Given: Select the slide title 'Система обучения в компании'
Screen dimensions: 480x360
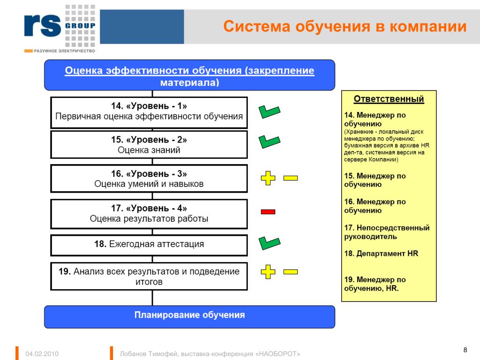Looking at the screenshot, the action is [x=345, y=26].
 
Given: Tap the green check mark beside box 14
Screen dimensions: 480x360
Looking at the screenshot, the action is [x=269, y=112].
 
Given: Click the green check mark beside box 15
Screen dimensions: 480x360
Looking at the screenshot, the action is [x=269, y=142].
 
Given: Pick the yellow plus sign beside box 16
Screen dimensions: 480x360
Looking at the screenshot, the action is [x=268, y=178].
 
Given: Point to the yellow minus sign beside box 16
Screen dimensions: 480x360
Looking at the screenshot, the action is [x=291, y=178].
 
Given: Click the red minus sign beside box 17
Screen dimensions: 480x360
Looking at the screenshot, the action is [x=268, y=211].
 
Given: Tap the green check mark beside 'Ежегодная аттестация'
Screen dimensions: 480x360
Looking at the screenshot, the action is [x=269, y=243].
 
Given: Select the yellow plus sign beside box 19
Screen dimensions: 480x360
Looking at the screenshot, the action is [x=268, y=271].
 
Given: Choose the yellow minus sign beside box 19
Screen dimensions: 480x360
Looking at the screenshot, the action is [x=291, y=271].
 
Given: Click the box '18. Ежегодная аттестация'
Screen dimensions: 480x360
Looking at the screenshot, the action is [x=149, y=245].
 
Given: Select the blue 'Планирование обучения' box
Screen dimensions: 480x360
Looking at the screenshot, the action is [x=189, y=317].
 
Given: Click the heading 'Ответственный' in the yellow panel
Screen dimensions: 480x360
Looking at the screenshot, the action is [x=389, y=99].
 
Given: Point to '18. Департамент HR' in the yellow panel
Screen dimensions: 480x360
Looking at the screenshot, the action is [x=381, y=254].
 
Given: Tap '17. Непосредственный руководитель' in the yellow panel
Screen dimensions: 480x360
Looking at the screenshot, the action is [x=387, y=232].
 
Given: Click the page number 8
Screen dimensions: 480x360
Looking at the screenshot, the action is [x=465, y=350].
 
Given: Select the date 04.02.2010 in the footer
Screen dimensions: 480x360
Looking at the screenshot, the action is [x=42, y=354].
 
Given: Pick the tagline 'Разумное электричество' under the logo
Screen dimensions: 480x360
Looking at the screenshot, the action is [x=64, y=51].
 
